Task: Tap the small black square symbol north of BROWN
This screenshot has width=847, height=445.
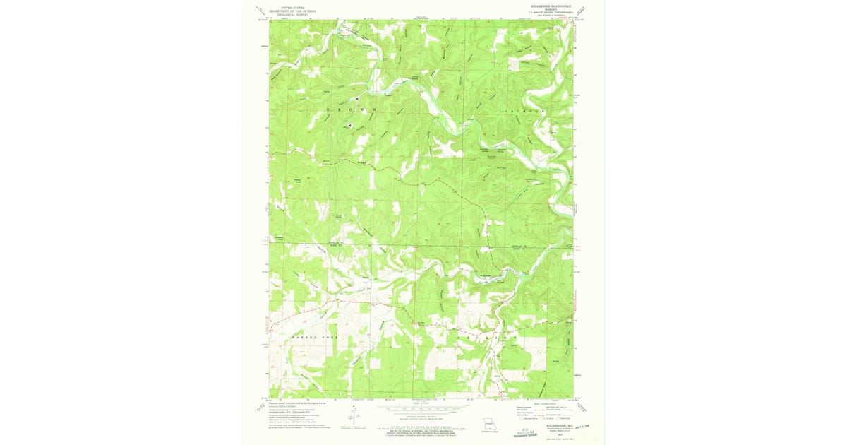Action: [x=356, y=99]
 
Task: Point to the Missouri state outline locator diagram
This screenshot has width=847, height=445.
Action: [x=486, y=425]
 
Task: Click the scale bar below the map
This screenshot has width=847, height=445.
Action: [x=420, y=409]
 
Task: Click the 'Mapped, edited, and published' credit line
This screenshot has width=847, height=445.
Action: [x=294, y=404]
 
